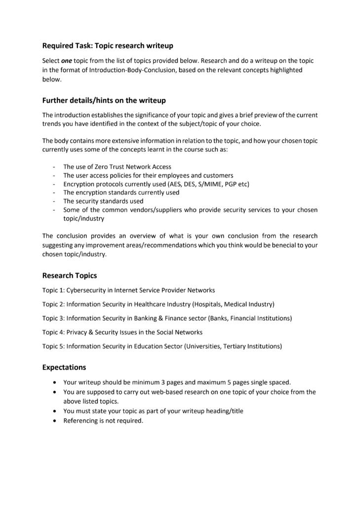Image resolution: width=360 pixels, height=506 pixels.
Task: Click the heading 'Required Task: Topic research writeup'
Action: pos(108,46)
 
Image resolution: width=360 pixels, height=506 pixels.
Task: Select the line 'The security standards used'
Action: pos(103,201)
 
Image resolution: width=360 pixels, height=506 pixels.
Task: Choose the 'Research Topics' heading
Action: pos(69,276)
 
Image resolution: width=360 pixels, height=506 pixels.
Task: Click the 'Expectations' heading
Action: pos(64,367)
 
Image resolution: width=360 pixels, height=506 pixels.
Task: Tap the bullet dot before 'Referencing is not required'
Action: pos(54,421)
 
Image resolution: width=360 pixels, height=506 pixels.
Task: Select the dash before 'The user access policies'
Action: pos(53,175)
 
